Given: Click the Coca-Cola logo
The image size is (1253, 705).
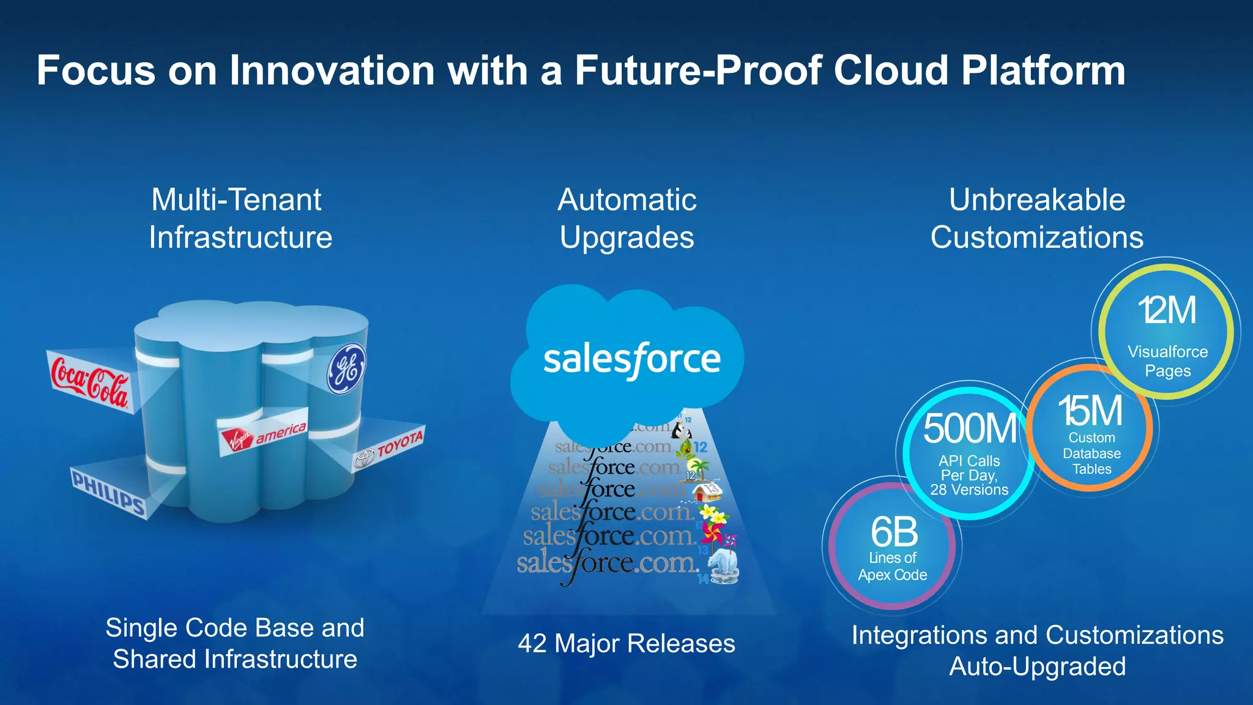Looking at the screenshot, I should pos(89,382).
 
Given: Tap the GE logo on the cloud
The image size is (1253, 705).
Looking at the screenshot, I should pos(346,369).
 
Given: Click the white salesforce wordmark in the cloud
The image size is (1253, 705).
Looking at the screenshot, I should pos(632,360).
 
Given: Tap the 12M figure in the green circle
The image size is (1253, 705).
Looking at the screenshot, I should pos(1167,310).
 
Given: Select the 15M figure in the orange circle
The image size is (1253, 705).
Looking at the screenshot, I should pos(1090,411).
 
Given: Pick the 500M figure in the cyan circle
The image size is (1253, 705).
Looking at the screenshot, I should pos(970,428).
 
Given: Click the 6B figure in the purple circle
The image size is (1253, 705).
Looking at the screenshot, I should pos(894,532).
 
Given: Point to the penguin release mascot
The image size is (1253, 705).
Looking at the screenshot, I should pos(680,430).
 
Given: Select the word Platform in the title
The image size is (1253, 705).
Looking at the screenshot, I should pos(1043,70).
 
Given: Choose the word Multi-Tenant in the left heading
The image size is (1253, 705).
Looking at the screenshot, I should pos(236,200).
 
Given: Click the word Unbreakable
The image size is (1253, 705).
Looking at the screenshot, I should pos(1037,200).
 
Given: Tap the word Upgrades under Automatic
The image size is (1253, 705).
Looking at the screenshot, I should pos(627,237).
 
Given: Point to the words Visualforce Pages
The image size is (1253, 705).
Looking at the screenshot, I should pos(1167,361).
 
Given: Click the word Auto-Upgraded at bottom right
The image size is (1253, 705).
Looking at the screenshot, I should pos(1037,666).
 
